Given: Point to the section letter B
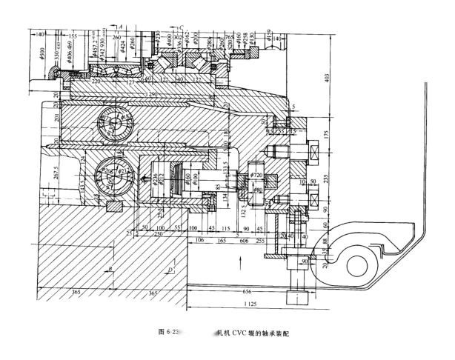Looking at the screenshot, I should (x=110, y=268).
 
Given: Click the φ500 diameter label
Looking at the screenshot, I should (x=42, y=54).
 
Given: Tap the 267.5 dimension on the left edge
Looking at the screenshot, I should (x=46, y=176).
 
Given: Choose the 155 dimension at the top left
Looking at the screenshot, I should (x=72, y=36).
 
